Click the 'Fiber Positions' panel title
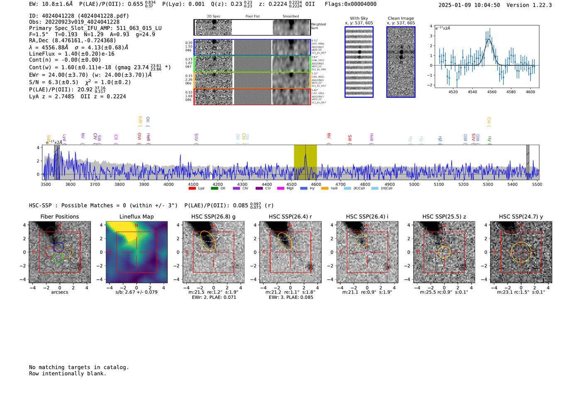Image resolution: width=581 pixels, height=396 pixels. (x=59, y=216)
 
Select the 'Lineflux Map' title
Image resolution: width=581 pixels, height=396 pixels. (x=136, y=216)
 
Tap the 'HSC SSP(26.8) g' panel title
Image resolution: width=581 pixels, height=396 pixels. (x=213, y=216)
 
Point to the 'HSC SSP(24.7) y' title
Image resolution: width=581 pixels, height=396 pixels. (x=521, y=216)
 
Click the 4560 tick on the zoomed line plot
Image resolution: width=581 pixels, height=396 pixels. (x=492, y=92)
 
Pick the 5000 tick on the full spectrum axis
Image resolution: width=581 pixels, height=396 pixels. (x=414, y=184)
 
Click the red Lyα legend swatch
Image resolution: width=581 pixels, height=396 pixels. (x=192, y=189)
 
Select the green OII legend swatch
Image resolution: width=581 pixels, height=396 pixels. (x=214, y=189)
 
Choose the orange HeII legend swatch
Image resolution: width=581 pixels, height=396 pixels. (x=325, y=189)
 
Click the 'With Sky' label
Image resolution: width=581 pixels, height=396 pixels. (x=359, y=18)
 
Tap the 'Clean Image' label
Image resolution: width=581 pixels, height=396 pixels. (x=401, y=18)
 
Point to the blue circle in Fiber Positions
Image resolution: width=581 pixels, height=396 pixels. (x=59, y=247)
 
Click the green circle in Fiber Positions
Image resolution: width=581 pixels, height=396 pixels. (x=58, y=257)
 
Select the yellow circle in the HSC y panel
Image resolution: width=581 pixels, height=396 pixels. (x=521, y=252)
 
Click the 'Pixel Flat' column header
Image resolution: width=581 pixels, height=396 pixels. (x=252, y=17)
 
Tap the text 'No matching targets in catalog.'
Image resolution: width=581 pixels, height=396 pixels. (x=79, y=367)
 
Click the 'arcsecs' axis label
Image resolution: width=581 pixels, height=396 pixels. (x=59, y=292)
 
